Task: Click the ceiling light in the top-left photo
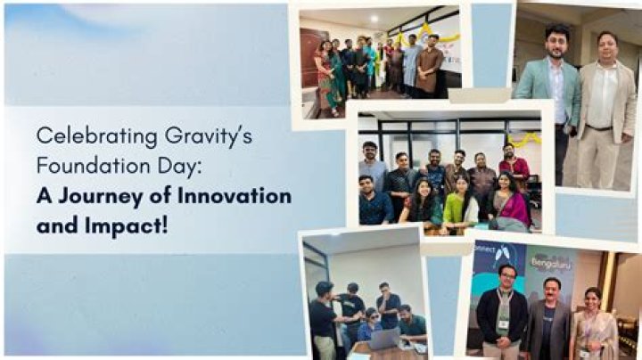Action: click(x=372, y=17)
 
